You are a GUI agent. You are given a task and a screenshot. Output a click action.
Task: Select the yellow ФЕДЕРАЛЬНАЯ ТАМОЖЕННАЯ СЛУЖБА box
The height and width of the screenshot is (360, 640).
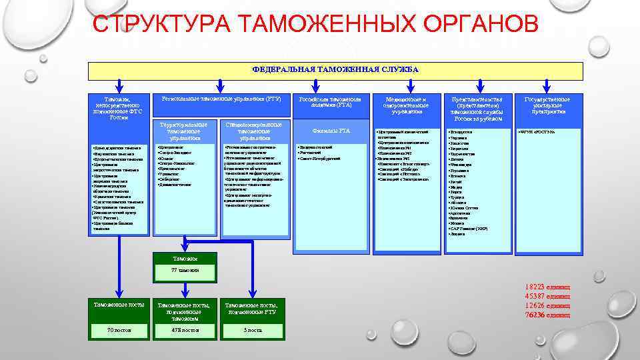335,69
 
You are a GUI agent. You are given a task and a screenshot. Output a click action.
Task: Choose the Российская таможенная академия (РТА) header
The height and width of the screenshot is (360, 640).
335,101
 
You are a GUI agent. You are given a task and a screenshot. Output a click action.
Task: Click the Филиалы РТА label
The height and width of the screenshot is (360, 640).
335,131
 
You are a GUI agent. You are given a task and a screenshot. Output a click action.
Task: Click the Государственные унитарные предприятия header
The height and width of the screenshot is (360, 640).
547,105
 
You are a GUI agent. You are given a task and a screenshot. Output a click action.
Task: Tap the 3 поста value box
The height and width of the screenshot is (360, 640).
253,330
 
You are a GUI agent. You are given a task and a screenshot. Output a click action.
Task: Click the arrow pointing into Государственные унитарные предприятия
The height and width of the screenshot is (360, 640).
548,85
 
